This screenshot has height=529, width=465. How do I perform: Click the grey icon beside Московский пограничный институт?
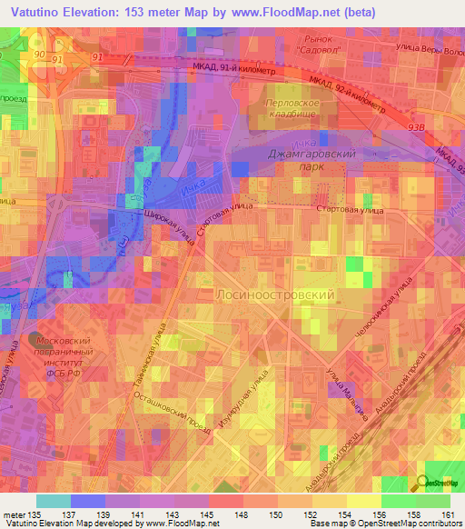tap(35, 339)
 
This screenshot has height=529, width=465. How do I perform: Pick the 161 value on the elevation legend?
tap(448, 514)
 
